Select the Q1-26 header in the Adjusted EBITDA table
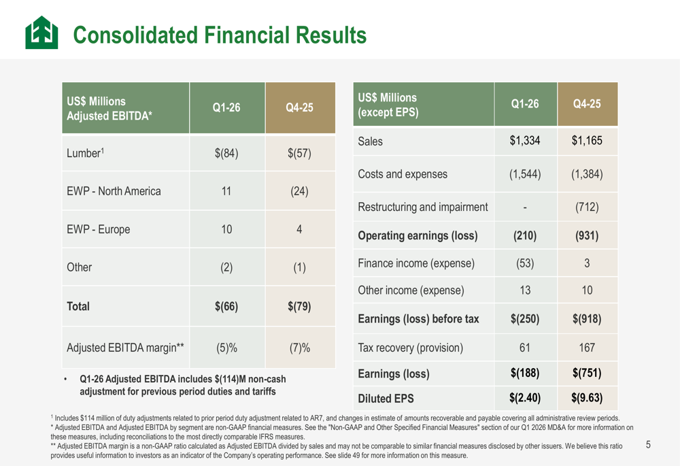coord(227,108)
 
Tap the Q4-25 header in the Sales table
coord(587,104)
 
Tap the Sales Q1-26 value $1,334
coord(525,141)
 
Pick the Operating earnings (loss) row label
coord(418,236)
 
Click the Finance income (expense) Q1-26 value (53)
coord(525,265)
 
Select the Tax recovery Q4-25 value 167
coord(587,348)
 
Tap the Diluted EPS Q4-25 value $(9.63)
coord(587,397)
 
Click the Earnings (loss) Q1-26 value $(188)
coord(525,373)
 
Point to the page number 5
coord(648,445)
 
